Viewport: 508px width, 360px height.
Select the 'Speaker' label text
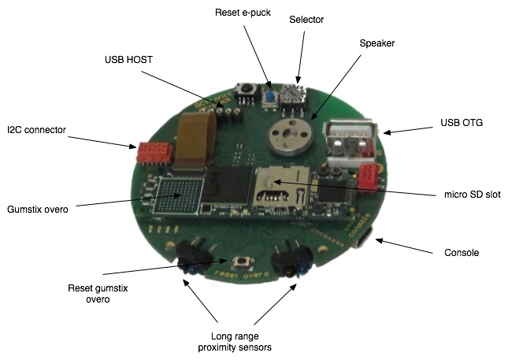click(376, 43)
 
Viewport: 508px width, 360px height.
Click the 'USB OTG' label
click(462, 124)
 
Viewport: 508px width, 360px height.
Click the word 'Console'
click(462, 253)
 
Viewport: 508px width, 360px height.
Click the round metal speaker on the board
click(286, 137)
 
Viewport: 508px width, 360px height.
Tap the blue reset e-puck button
click(269, 98)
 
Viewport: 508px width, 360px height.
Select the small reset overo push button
click(235, 262)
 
